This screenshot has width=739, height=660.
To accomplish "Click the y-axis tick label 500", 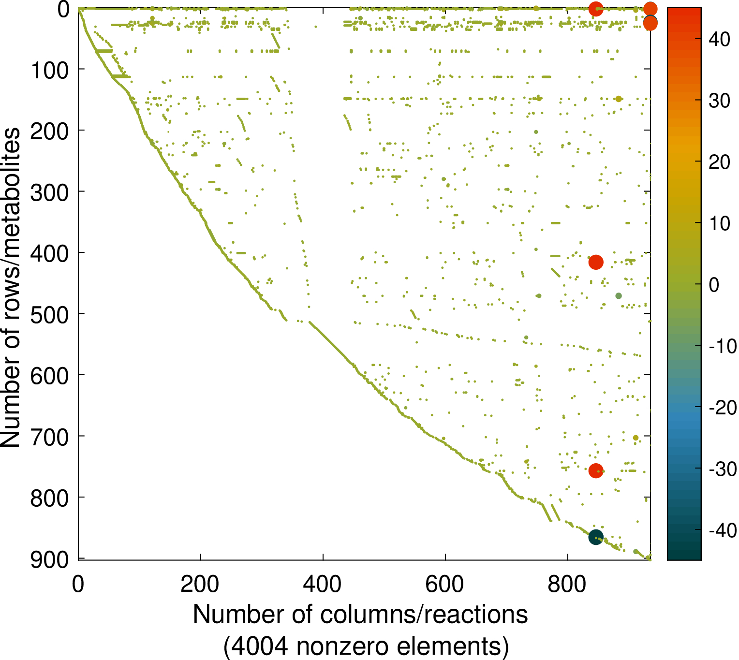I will click(x=50, y=314).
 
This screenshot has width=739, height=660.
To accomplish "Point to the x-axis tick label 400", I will click(x=322, y=584).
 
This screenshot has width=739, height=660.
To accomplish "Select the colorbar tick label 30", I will click(x=719, y=101).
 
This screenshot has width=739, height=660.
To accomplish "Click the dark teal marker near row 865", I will click(x=595, y=537).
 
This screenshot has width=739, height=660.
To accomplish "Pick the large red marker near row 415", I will click(x=596, y=262).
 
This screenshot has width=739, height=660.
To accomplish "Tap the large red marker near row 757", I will click(x=596, y=470).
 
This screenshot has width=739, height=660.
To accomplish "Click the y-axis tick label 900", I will click(x=50, y=559).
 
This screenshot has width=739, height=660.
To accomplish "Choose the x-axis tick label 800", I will click(x=567, y=584).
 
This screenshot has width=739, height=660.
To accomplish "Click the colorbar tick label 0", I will click(x=714, y=285).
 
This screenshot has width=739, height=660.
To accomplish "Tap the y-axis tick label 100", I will click(x=50, y=70).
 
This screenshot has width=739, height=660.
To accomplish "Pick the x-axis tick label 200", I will click(x=200, y=584).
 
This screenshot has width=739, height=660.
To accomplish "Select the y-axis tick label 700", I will click(x=50, y=437).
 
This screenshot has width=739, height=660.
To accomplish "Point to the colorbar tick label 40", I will click(x=719, y=39).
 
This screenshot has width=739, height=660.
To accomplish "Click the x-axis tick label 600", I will click(x=444, y=584).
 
